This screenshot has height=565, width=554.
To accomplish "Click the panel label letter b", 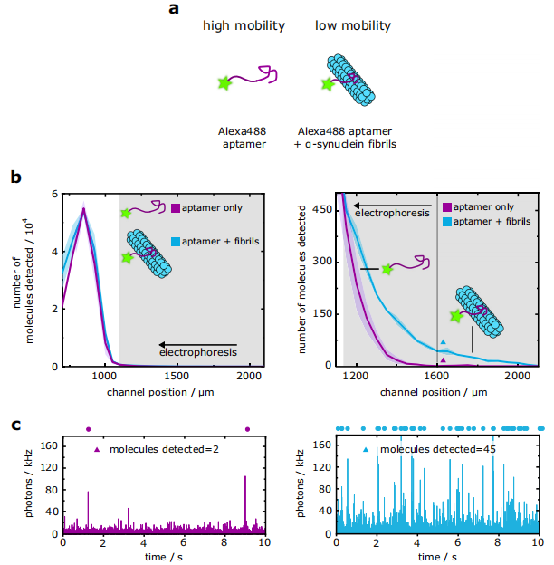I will point(15,177).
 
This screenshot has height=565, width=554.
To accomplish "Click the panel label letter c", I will point(15,425).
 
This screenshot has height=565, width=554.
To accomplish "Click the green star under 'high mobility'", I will point(224,83).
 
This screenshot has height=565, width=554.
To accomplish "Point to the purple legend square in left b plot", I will point(176,208).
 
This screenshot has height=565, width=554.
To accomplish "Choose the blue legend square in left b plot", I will point(176,242).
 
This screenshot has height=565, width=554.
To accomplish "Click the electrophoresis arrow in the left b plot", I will point(196,346).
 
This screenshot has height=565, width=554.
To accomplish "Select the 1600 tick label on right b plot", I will point(437,378).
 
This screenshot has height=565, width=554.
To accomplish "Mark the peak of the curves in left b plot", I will point(84,210).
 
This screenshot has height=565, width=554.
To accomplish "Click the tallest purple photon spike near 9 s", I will point(245,478).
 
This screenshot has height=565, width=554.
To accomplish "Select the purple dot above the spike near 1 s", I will point(88,429).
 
